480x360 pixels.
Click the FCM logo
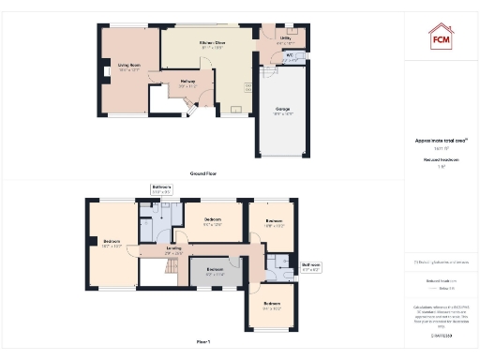tap(442, 38)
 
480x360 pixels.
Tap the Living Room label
tap(128, 66)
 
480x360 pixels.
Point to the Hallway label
tap(187, 83)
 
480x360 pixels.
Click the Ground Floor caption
tap(204, 173)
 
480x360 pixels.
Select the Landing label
tap(173, 251)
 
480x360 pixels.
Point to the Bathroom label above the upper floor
tap(161, 188)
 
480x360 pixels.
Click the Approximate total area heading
tap(441, 141)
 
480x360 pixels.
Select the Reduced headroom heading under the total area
tap(441, 160)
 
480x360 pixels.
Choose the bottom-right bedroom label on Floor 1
tap(273, 306)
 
